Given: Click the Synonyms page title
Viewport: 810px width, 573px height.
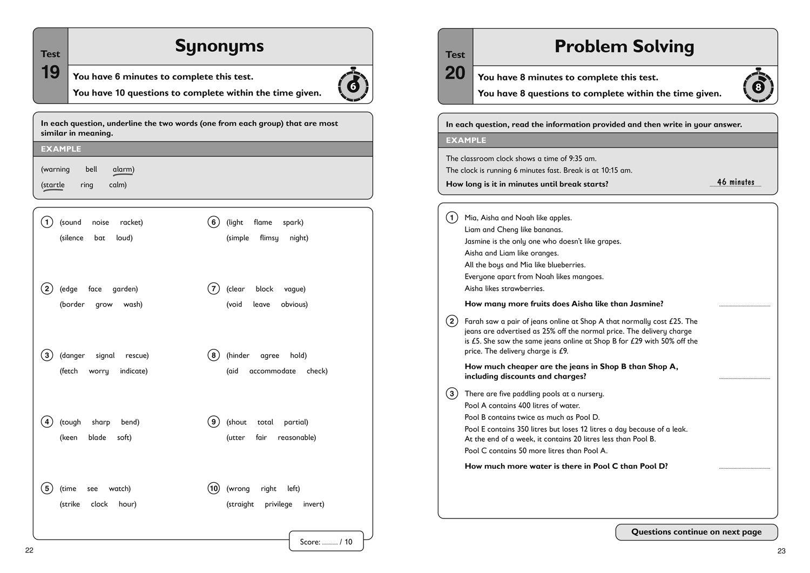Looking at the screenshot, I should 219,46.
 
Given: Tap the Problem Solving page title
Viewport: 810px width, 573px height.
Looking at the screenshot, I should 624,46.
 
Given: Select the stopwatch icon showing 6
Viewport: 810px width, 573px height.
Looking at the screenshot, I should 353,85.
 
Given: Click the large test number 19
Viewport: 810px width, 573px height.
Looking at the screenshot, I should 50,72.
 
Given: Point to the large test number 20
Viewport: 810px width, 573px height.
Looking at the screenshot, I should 455,72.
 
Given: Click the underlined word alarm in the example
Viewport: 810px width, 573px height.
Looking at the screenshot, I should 123,170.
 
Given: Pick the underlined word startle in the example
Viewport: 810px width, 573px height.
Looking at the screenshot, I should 53,185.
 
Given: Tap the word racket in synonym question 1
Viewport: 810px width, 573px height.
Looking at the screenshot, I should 131,222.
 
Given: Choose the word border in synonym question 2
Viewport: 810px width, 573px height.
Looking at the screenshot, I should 72,304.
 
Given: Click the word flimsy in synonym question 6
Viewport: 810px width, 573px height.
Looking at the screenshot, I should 269,238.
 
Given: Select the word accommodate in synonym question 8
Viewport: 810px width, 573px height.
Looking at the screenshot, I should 272,371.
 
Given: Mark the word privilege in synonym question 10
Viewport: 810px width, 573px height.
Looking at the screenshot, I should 278,504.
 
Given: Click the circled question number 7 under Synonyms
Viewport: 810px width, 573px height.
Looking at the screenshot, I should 214,289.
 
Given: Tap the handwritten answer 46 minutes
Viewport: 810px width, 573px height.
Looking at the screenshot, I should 735,182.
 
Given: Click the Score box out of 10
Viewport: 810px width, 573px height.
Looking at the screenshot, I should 326,541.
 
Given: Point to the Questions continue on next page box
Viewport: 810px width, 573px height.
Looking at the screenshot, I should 696,532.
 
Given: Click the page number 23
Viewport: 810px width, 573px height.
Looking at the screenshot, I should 781,551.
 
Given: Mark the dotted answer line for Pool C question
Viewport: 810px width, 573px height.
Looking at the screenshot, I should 745,467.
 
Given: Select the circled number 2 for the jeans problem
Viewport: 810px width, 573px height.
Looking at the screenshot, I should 452,321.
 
